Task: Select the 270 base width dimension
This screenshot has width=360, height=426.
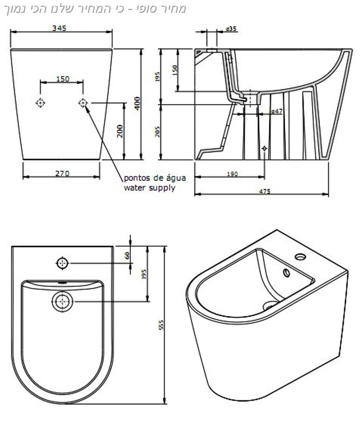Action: point(62,173)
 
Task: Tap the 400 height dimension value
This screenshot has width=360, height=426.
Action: point(137,104)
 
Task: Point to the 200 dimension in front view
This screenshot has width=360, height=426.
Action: point(120,131)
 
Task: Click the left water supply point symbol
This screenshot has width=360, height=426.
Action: point(40,103)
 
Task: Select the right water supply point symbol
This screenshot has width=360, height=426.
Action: point(83,103)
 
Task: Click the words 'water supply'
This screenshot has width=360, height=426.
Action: point(149,187)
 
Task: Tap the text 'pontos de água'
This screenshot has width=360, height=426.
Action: point(155,178)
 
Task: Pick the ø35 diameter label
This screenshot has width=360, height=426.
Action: point(232,28)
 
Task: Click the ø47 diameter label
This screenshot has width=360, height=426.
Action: point(277,111)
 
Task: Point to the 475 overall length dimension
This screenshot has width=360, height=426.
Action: point(264,191)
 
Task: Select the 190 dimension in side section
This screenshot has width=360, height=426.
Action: point(232,174)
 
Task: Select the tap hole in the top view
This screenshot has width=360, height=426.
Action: point(62,263)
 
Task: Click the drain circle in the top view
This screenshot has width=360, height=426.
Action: point(62,301)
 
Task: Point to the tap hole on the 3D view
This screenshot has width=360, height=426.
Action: point(300,257)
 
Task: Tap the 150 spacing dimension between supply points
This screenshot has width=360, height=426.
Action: point(62,79)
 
